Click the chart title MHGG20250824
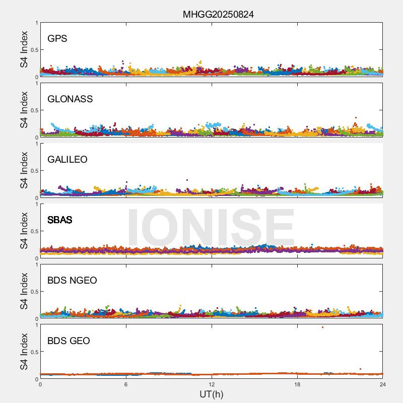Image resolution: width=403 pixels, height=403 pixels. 218,15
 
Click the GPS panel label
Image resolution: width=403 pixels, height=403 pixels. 57,39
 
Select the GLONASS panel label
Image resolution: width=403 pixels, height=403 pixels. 70,99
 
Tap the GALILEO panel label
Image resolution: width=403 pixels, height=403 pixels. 68,160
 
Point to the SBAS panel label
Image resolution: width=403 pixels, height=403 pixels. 59,220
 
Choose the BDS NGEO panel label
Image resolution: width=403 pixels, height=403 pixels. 72,281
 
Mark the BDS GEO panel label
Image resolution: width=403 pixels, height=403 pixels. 69,341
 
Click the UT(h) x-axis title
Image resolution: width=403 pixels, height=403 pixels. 211,394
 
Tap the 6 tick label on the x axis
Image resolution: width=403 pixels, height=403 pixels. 126,384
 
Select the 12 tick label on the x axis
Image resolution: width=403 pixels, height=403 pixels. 212,384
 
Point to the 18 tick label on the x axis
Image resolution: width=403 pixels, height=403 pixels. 297,384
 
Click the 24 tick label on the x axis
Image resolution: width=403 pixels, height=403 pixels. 383,384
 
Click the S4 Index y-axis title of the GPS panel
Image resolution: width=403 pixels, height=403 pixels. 24,49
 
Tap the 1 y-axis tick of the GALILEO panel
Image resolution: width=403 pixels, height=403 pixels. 36,144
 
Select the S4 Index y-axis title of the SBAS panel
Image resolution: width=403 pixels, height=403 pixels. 24,231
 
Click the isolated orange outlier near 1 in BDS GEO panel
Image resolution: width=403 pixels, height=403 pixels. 322,327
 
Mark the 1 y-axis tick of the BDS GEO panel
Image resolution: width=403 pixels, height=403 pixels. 36,325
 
